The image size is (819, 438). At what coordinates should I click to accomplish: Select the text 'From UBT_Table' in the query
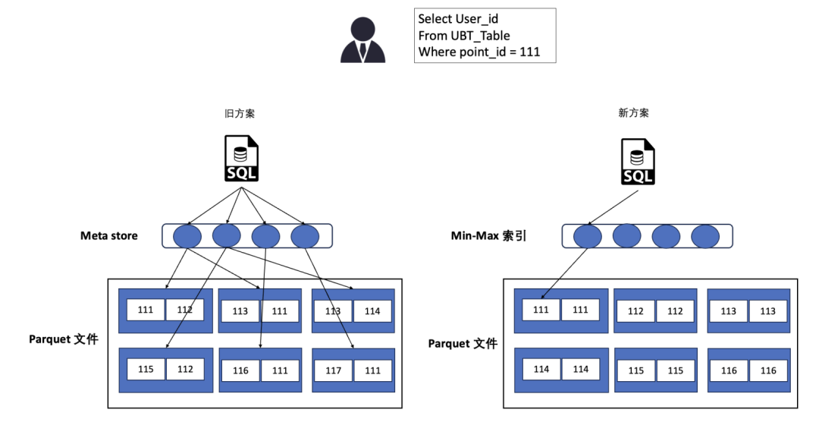pyautogui.click(x=463, y=36)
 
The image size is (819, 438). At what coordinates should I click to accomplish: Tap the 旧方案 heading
pyautogui.click(x=240, y=113)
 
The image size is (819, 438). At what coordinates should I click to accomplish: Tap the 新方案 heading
pyautogui.click(x=633, y=113)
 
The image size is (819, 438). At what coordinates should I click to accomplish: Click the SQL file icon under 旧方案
pyautogui.click(x=242, y=158)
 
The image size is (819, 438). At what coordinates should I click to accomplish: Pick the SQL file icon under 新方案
pyautogui.click(x=638, y=162)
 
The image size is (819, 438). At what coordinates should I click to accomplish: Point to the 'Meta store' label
pyautogui.click(x=109, y=235)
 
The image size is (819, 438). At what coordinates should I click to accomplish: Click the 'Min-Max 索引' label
pyautogui.click(x=488, y=236)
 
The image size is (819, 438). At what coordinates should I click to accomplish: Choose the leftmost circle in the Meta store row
pyautogui.click(x=187, y=236)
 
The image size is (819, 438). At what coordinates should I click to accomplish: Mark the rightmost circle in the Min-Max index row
pyautogui.click(x=704, y=236)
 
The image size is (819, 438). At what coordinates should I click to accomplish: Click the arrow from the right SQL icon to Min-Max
pyautogui.click(x=614, y=205)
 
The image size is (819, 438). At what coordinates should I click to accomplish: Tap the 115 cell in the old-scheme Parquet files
pyautogui.click(x=146, y=370)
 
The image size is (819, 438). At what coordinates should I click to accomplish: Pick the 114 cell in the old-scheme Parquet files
pyautogui.click(x=372, y=311)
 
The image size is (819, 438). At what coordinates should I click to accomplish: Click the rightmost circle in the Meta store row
pyautogui.click(x=305, y=236)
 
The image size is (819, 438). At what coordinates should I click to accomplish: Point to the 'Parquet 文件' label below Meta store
pyautogui.click(x=64, y=339)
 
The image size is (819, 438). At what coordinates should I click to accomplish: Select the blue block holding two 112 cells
pyautogui.click(x=655, y=310)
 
